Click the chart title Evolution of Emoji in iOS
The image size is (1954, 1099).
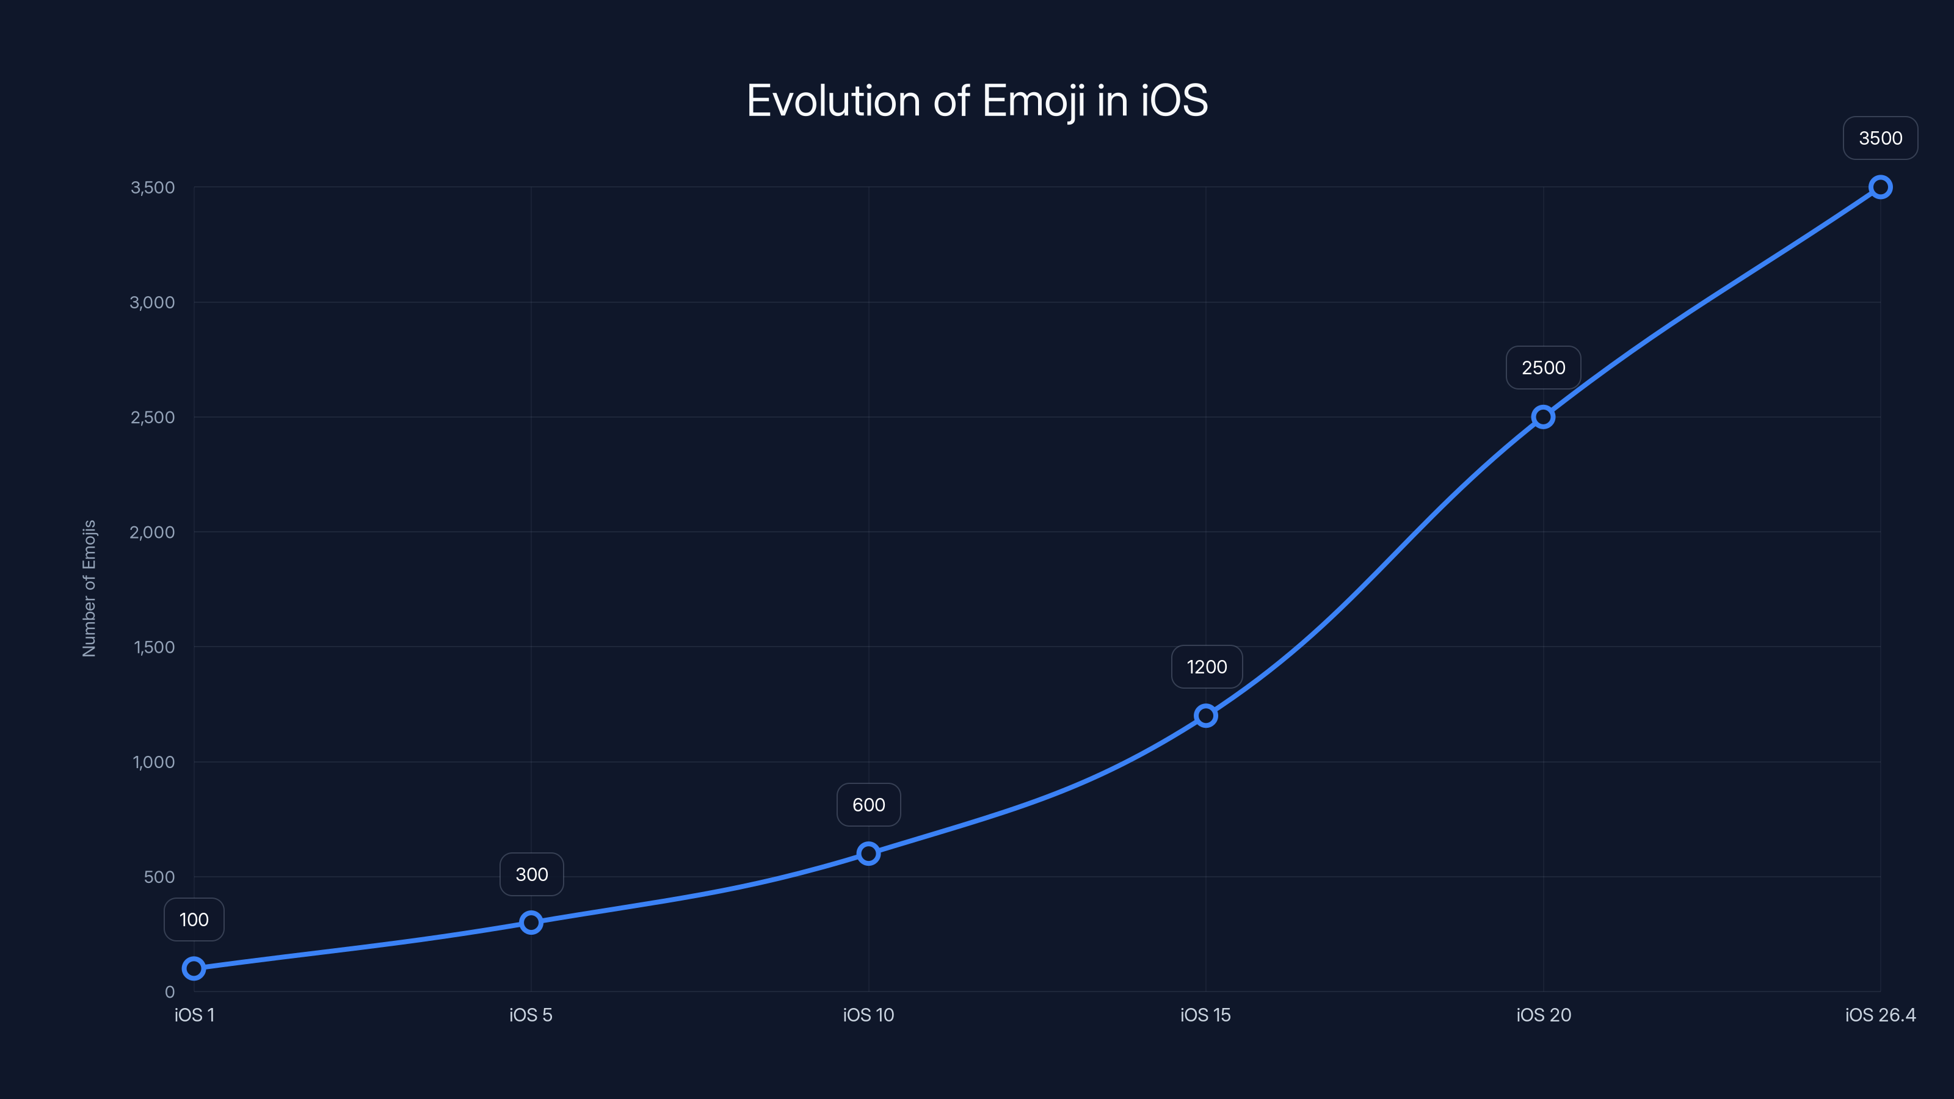pos(977,101)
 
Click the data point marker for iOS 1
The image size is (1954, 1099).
pos(194,968)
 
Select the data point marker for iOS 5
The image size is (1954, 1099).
pos(531,923)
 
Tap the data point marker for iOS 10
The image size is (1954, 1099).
pos(868,854)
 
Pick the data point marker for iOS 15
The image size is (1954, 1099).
pos(1205,715)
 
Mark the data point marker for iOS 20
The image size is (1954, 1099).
pos(1543,416)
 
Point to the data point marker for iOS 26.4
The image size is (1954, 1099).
pos(1880,187)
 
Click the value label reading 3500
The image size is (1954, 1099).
pos(1880,138)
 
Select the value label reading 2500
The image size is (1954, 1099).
pos(1543,368)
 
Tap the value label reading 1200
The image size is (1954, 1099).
pos(1206,667)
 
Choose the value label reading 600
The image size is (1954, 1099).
pos(868,805)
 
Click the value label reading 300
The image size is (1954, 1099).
pos(531,874)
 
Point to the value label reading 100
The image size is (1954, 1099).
pos(194,920)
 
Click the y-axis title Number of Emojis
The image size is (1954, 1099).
pos(89,588)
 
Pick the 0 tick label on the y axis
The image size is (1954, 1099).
pos(169,992)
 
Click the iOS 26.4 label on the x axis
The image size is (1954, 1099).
pos(1880,1015)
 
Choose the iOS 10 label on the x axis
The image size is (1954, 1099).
pos(868,1015)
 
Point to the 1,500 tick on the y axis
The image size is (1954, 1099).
pos(154,647)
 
